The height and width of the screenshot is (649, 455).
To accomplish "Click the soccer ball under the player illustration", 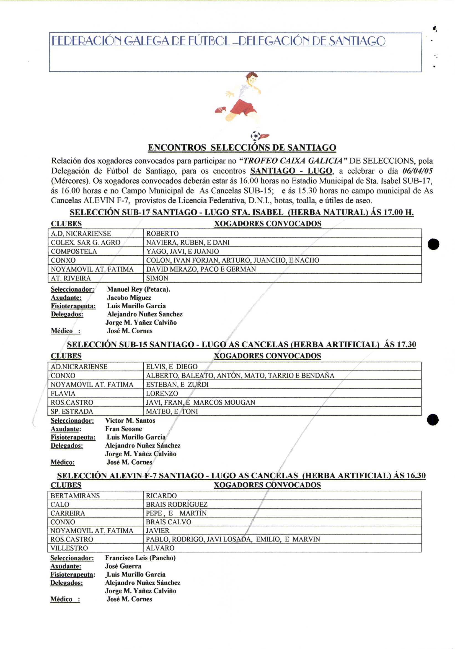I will point(255,136).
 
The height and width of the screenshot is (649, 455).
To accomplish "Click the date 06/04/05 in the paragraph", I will point(417,171).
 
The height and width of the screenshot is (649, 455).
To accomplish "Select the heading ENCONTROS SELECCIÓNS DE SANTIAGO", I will point(242,148).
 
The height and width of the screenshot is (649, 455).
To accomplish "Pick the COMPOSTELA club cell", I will point(74,251).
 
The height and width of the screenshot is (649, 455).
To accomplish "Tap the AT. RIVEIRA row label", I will point(71,278).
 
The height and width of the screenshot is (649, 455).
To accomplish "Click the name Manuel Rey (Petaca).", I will point(138,289).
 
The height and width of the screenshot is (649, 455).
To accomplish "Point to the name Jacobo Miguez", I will point(129,297).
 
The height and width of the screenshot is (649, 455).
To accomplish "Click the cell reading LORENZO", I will point(162,394).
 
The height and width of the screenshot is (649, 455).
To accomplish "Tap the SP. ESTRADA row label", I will point(72,411).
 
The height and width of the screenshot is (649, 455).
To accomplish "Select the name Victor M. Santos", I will point(130,420).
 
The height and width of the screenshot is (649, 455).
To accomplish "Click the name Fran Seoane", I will point(123,429).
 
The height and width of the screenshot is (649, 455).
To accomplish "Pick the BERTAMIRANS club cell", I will point(75,496).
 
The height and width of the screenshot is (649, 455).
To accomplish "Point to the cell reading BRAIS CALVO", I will point(168,522).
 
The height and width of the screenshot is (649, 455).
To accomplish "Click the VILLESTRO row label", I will point(69,548).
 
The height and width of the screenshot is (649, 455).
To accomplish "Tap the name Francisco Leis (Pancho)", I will point(140,558).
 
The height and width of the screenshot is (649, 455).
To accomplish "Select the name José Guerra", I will point(123,566).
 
